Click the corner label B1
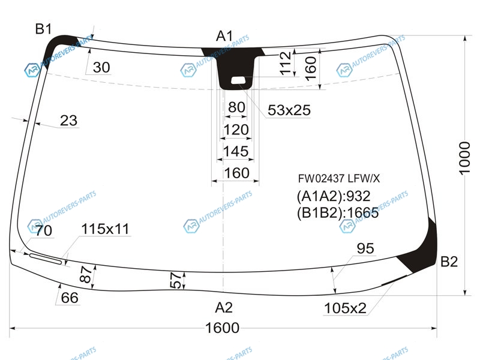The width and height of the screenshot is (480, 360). [43, 29]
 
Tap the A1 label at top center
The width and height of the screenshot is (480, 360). [224, 36]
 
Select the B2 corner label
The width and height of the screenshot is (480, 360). [449, 262]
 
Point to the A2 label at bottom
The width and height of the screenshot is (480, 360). [224, 307]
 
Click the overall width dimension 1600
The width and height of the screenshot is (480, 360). [222, 328]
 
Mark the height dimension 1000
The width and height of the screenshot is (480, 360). [464, 158]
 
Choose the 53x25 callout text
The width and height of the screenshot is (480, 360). [289, 110]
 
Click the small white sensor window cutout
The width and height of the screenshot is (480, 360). [238, 80]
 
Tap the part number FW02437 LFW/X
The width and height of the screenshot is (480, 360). [339, 178]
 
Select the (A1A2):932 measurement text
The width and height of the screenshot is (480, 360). [334, 196]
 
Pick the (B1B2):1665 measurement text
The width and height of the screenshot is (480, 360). [338, 212]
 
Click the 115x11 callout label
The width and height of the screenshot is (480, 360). [106, 229]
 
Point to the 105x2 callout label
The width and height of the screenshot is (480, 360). [345, 308]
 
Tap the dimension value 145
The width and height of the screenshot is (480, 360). [235, 152]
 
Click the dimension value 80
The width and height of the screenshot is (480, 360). [236, 107]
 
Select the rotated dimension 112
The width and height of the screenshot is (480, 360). [285, 64]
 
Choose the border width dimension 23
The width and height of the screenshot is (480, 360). [68, 121]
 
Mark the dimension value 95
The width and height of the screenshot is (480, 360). [365, 248]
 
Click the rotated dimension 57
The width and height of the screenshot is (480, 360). [176, 280]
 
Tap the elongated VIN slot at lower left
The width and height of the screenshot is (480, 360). [46, 259]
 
